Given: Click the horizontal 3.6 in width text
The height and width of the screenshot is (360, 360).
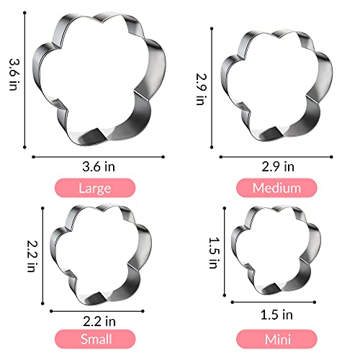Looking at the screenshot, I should pyautogui.click(x=99, y=167).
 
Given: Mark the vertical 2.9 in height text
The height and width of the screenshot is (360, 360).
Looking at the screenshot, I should pyautogui.click(x=202, y=87).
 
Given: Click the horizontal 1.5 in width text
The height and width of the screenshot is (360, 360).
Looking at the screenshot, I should pyautogui.click(x=278, y=314).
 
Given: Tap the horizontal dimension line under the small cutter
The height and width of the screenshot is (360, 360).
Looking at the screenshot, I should pyautogui.click(x=100, y=310).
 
